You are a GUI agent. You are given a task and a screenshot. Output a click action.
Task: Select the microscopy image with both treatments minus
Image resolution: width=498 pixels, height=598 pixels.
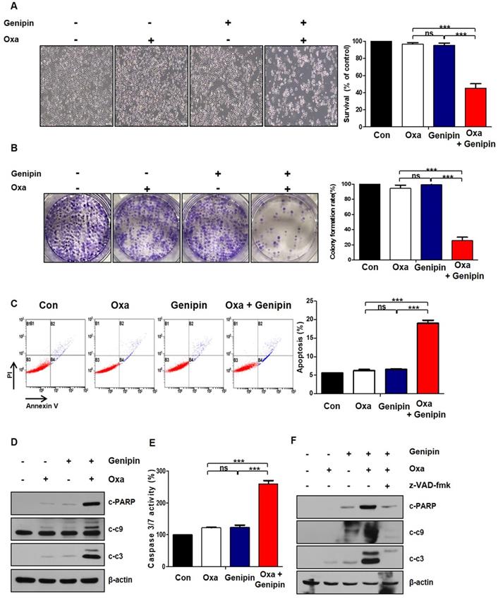pyautogui.click(x=76, y=87)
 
